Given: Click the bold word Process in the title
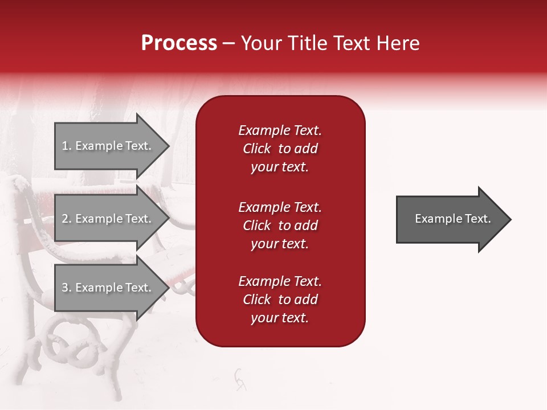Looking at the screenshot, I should pos(179,43).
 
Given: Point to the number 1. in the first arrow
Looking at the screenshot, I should pos(67,146).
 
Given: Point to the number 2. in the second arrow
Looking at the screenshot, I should pos(67,219).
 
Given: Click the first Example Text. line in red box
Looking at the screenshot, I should pos(280,130).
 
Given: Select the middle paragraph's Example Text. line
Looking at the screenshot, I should pos(280,207).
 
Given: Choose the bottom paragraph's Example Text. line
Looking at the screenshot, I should pos(280,281).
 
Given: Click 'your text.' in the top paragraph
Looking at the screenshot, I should pos(280,167).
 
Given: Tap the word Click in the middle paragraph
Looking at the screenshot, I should pos(256,225).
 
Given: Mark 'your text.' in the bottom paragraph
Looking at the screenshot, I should pos(280,318).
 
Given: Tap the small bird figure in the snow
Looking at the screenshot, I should pos(240,379).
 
